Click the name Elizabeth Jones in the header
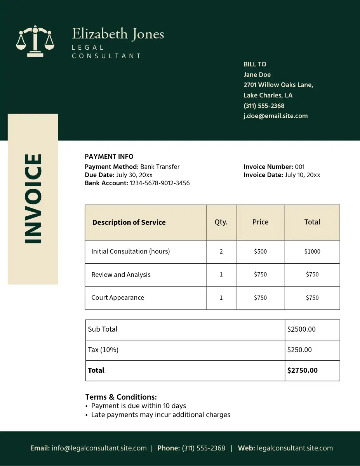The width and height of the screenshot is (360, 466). tap(118, 34)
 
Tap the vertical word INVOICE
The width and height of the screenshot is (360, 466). tap(33, 199)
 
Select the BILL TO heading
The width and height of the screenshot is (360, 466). tap(255, 64)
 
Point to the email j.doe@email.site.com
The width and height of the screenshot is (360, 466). tap(275, 116)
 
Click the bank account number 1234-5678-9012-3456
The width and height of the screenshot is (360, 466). tap(160, 183)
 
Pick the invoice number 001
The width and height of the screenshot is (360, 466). tap(300, 167)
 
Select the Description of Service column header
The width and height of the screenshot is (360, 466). tap(129, 223)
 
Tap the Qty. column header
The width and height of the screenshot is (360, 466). tap(221, 222)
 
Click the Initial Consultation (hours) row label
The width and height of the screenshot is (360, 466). tap(130, 251)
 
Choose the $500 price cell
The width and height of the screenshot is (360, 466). tap(260, 252)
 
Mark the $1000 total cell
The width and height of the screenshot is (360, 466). tap(312, 252)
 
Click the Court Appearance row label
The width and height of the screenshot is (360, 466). tap(118, 297)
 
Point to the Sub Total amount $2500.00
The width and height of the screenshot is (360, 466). tap(301, 329)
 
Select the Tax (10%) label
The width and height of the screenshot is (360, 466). tap(103, 349)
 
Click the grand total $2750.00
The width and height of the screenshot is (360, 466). tap(302, 370)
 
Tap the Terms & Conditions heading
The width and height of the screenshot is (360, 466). tap(121, 397)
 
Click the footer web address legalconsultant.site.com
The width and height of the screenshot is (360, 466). tap(295, 448)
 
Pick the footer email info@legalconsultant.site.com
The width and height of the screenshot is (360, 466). tap(99, 448)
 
